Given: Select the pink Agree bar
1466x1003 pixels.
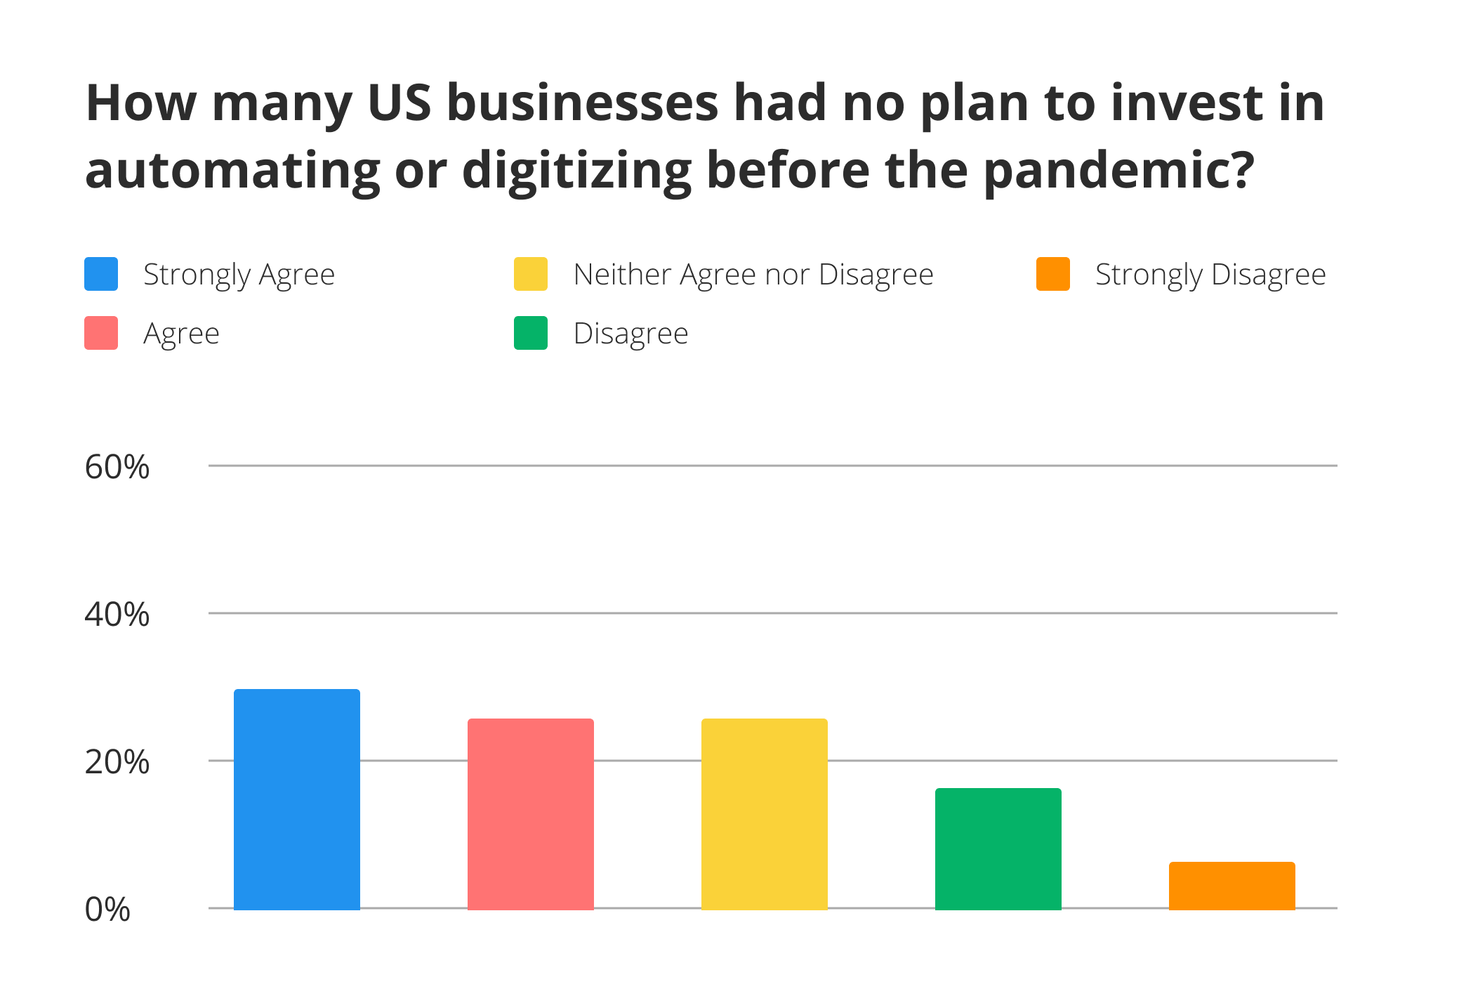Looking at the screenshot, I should (530, 814).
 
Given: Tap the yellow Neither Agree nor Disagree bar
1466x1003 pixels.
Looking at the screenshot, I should (764, 814).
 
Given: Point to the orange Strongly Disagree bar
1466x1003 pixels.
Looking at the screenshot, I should (1231, 886).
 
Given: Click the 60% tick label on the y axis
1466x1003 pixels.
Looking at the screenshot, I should (117, 467).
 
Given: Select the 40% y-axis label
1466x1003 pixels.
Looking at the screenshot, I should (117, 615).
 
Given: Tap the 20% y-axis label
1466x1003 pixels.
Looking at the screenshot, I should (117, 762).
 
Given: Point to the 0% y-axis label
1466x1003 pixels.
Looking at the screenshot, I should (107, 910).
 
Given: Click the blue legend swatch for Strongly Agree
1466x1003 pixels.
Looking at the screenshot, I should (101, 274).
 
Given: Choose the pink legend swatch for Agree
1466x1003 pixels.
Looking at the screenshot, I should (101, 333).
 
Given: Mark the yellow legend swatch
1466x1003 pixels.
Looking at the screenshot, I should (531, 274).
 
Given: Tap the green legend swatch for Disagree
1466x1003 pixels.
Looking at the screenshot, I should (531, 333).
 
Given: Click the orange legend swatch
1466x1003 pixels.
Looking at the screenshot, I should (1053, 274).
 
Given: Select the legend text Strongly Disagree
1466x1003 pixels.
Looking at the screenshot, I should (1210, 275).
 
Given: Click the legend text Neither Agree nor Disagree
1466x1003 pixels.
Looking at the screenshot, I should (753, 275).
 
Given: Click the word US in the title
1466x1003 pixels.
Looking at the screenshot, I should (399, 103).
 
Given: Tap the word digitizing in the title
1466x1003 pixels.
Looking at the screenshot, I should (576, 171).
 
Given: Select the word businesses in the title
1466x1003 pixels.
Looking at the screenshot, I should (582, 103).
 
